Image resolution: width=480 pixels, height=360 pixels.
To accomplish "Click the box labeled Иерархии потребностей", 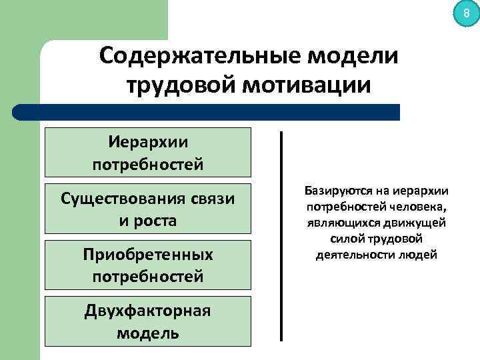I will (x=147, y=152).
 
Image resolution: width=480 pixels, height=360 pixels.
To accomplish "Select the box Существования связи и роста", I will (x=147, y=209).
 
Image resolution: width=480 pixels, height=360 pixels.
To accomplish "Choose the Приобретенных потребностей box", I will (x=147, y=265).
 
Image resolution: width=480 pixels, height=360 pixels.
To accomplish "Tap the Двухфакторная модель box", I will (x=147, y=321).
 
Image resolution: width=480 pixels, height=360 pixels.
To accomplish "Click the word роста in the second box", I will (x=156, y=220).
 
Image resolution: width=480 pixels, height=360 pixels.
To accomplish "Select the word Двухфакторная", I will (x=147, y=311).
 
